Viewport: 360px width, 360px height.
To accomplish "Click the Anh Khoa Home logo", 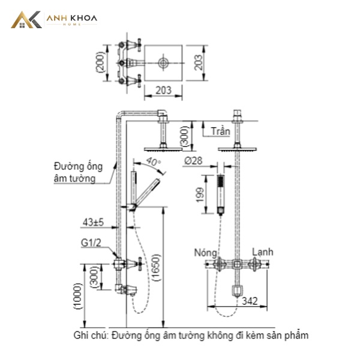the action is click(x=54, y=20).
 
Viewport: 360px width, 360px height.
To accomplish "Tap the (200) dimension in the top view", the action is click(x=100, y=62).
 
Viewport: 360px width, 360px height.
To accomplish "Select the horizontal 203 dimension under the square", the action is click(x=163, y=90).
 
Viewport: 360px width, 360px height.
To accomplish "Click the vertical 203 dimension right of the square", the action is click(x=199, y=62).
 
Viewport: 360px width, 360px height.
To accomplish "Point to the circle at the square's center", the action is click(x=163, y=62).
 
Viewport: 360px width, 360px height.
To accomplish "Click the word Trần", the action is click(x=220, y=131).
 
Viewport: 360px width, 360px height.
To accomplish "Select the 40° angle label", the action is click(x=153, y=161).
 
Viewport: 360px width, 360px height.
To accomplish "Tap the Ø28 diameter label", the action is click(x=193, y=160).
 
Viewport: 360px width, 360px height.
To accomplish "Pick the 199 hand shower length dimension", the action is click(x=200, y=194).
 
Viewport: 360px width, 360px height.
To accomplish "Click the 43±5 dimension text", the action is click(x=93, y=222).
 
